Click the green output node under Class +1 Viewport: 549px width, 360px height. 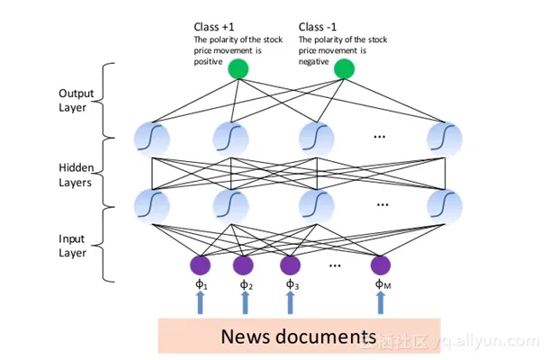(238, 69)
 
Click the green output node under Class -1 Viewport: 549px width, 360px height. (344, 69)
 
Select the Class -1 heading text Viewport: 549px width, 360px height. (319, 28)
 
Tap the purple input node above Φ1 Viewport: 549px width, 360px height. (200, 265)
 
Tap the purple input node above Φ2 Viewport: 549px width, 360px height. (244, 265)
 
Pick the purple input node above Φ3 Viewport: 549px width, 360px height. (290, 265)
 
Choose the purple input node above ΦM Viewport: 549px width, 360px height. (381, 265)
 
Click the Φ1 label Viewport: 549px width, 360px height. (200, 285)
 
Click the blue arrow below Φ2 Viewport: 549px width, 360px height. (244, 303)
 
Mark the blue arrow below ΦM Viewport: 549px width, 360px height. (381, 303)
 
